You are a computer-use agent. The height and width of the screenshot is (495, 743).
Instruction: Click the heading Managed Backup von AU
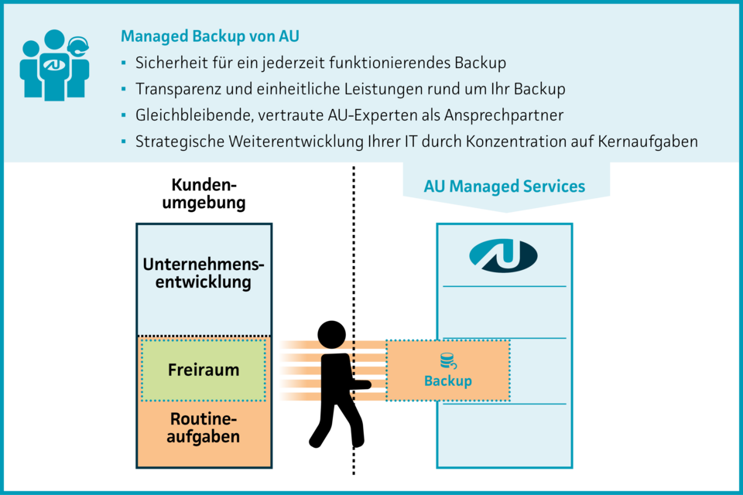[x=210, y=36]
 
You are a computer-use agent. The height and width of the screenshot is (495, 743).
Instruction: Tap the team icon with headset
[x=54, y=66]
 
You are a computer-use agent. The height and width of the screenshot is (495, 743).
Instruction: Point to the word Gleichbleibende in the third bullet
[x=189, y=115]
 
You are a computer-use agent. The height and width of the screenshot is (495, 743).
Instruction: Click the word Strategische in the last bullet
[x=177, y=142]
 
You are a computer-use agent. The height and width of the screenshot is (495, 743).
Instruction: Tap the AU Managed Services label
[x=505, y=186]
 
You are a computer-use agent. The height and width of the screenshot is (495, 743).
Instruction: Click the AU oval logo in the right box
[x=504, y=256]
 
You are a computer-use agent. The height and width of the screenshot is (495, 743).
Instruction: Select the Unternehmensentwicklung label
[x=204, y=273]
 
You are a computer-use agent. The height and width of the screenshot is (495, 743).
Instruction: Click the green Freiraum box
[x=204, y=370]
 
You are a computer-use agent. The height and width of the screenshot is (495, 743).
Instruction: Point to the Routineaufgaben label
[x=204, y=428]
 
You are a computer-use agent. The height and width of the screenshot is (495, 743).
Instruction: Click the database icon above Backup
[x=447, y=361]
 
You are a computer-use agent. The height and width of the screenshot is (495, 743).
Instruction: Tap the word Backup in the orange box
[x=447, y=381]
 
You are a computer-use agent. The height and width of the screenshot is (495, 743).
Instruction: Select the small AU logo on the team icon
[x=53, y=66]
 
